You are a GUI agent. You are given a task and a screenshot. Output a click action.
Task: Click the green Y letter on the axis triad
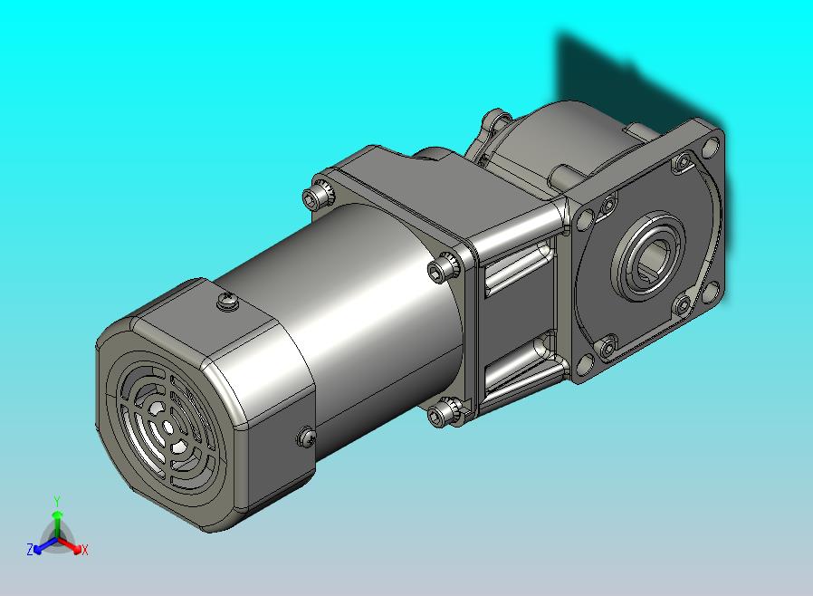coord(57,501)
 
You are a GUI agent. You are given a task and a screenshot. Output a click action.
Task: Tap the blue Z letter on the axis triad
coord(30,549)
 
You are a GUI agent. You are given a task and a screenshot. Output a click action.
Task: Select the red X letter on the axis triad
coord(84,550)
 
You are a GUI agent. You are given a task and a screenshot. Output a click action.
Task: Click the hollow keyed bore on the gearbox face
coord(648,256)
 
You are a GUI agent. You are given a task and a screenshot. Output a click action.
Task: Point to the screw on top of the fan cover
coord(228,301)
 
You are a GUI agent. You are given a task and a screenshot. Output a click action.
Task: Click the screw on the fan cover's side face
coord(306,437)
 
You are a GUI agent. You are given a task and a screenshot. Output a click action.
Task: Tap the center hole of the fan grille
coord(167,427)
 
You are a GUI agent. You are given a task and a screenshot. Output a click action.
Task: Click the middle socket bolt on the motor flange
coord(444,268)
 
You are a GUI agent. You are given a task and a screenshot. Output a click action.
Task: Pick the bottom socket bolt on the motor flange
coord(443,412)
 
